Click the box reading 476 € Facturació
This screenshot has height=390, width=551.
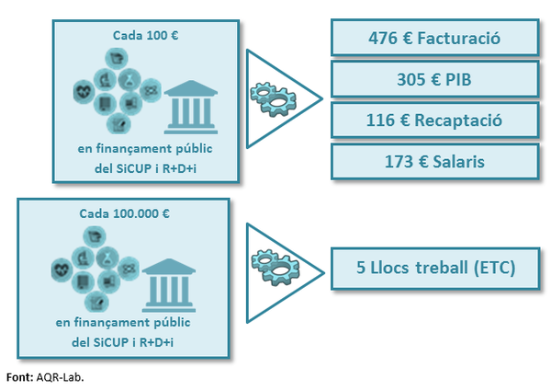(433, 38)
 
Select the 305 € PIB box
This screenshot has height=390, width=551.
(433, 79)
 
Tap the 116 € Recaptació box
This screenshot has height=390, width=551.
(433, 120)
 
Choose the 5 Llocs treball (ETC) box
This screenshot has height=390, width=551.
(433, 268)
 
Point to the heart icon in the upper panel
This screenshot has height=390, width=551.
(85, 91)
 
